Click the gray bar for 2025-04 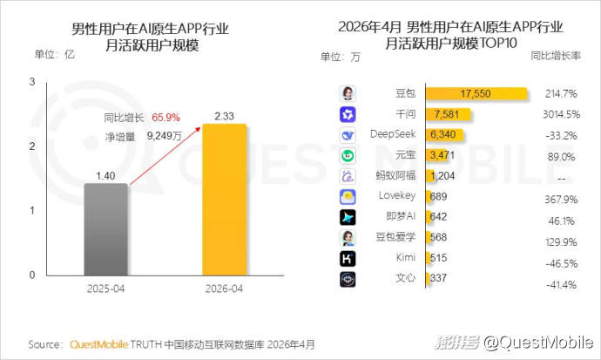(x=105, y=229)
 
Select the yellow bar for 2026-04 (x=224, y=200)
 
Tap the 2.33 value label (x=224, y=116)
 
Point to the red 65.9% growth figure (x=165, y=118)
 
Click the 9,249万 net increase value (x=165, y=136)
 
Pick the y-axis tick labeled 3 (x=32, y=82)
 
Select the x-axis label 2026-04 (x=224, y=289)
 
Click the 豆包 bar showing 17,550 (x=476, y=93)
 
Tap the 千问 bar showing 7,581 (x=448, y=114)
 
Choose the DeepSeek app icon (x=348, y=135)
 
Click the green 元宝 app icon (x=348, y=156)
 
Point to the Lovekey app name (x=396, y=196)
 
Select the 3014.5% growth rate (x=561, y=114)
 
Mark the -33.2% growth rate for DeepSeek (x=561, y=136)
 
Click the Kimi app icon (x=348, y=259)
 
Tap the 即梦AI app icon (x=348, y=217)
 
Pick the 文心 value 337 (x=438, y=278)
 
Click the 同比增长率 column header (x=556, y=56)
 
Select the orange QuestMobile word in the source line (x=99, y=344)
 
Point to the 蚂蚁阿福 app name (x=395, y=175)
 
